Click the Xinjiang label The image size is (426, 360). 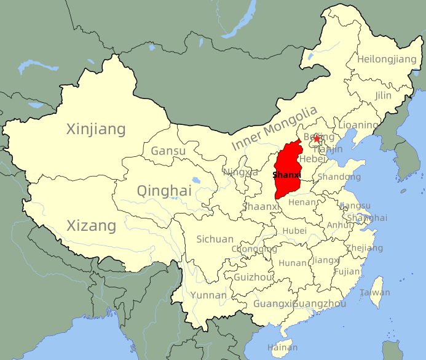click(x=96, y=129)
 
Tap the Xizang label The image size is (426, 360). click(x=91, y=226)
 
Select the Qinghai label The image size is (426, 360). click(x=164, y=191)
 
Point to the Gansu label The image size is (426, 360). click(x=168, y=151)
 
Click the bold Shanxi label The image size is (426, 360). click(x=287, y=175)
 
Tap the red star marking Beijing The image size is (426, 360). click(x=317, y=139)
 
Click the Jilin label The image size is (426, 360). click(x=383, y=96)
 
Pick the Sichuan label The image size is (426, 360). click(x=215, y=239)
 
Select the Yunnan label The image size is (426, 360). click(x=208, y=295)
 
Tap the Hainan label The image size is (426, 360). click(x=283, y=348)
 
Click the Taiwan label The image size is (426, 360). click(x=375, y=293)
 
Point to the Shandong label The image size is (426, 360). click(x=339, y=177)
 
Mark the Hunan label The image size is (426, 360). click(x=293, y=263)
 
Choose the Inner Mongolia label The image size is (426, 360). click(x=275, y=129)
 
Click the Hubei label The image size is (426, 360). click(x=294, y=231)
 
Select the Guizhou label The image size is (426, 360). click(x=253, y=278)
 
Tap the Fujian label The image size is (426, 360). click(x=347, y=271)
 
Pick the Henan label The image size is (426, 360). click(x=303, y=202)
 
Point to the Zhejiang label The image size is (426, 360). click(x=365, y=249)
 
